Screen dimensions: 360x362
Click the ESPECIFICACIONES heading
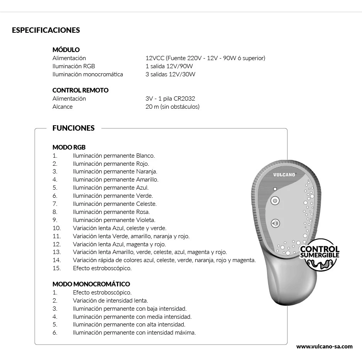[x=46, y=30]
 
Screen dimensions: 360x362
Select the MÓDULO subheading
[x=66, y=50]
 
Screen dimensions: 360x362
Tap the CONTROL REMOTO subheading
[x=80, y=90]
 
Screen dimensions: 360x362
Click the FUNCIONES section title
[x=73, y=128]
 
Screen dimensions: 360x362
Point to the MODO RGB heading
[x=69, y=147]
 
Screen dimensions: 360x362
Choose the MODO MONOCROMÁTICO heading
[x=91, y=284]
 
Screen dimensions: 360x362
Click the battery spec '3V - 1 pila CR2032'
[x=170, y=99]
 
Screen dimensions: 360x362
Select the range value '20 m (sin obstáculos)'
[x=173, y=107]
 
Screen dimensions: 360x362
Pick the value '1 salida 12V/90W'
[x=169, y=66]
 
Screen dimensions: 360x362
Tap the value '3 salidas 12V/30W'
[x=171, y=74]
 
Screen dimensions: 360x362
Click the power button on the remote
[x=275, y=201]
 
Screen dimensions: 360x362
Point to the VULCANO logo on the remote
[x=284, y=175]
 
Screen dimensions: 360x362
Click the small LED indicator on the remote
[x=275, y=189]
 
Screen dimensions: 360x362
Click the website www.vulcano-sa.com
[x=324, y=346]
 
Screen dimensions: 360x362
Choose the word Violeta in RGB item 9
[x=145, y=220]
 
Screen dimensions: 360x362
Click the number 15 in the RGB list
[x=56, y=268]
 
